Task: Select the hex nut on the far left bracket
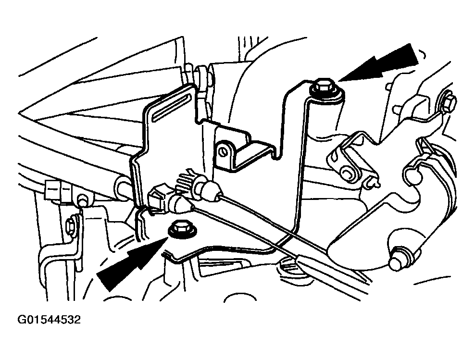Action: point(72,224)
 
